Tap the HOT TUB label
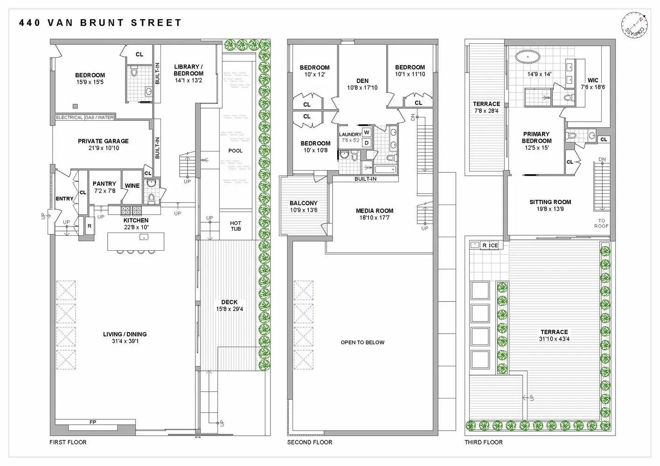tap(236, 226)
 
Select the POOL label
tap(236, 151)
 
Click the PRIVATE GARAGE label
tap(103, 141)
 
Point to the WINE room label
tap(132, 185)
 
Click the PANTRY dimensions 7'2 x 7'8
tap(104, 191)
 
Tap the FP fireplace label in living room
tap(93, 422)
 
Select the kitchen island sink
tap(144, 237)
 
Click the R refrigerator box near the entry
tap(90, 226)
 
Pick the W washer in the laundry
tap(367, 132)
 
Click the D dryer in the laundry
tap(367, 143)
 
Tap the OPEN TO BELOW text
tap(362, 342)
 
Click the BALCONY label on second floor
tap(303, 203)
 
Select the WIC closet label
tap(593, 80)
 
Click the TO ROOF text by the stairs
tap(602, 223)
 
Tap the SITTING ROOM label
tap(550, 202)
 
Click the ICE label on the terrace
tap(493, 245)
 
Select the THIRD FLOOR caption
tap(483, 442)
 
